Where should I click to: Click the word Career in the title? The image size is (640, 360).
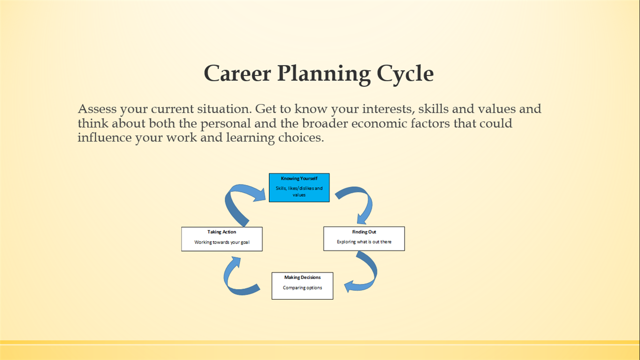coord(237,73)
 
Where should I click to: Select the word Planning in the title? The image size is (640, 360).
coord(323,75)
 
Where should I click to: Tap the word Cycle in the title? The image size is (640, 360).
coord(405,75)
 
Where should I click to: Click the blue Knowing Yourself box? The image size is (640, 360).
coord(299,187)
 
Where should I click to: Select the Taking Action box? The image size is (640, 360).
coord(221,239)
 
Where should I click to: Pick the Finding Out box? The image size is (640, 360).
coord(364,238)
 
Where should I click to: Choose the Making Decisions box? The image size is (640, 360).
coord(302,285)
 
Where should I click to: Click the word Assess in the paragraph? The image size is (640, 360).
coord(97,109)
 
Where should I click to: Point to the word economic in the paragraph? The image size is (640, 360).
coord(379,123)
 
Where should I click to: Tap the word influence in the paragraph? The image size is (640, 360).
coord(104,137)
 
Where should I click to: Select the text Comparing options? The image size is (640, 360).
coord(302,287)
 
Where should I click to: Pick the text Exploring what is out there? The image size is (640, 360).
coord(364,241)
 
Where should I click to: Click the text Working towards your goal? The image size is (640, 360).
coord(221,242)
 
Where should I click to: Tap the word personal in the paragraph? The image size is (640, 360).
coord(225,124)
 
